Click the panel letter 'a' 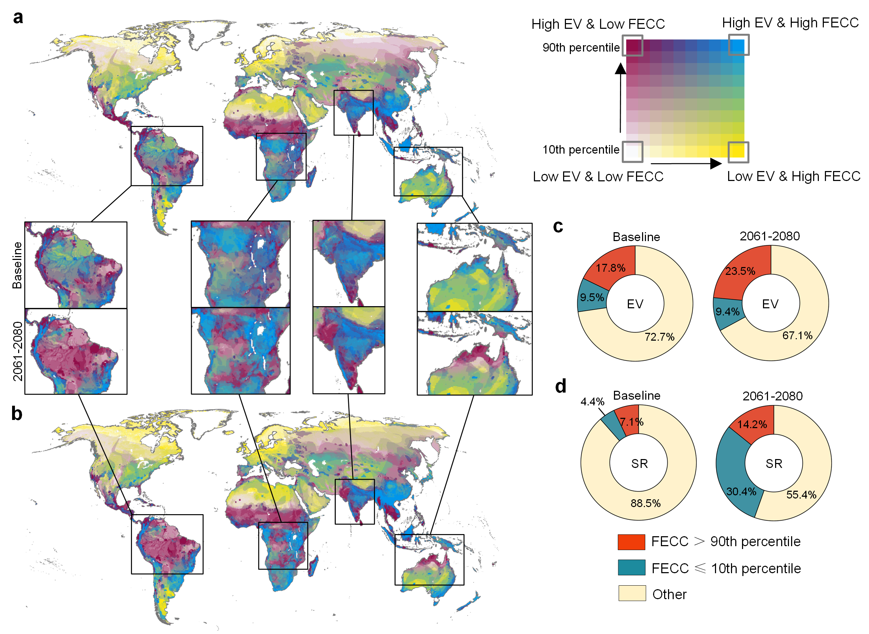18,18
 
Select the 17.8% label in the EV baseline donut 610,268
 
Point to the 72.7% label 659,337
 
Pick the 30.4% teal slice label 741,492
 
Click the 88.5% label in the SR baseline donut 646,503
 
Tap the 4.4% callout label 592,402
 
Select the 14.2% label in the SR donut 752,425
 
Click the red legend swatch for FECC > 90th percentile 631,542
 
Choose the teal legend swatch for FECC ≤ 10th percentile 631,568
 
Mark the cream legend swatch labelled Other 632,593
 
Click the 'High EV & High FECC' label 790,23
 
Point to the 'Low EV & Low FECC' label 598,176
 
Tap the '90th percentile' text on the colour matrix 581,48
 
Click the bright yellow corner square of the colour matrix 738,151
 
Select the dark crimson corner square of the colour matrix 632,45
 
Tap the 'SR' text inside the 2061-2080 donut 773,464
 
